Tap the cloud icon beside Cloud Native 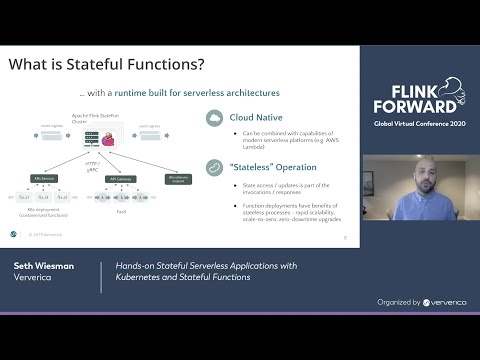(x=214, y=118)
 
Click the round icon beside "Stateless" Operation (x=214, y=168)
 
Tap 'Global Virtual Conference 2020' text (x=420, y=122)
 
